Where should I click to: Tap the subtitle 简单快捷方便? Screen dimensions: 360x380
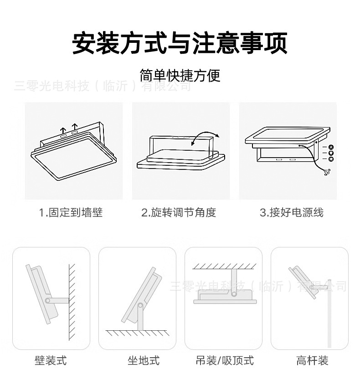coord(180,75)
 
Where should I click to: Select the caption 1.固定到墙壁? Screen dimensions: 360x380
coord(71,212)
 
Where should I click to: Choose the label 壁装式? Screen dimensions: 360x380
coord(51,361)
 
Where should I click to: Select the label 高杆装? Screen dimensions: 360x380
coord(312,361)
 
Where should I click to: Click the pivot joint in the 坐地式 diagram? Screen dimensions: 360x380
coord(139,304)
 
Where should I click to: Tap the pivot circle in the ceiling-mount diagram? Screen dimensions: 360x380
coord(234,294)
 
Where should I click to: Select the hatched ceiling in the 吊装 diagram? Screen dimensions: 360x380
coord(225,265)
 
